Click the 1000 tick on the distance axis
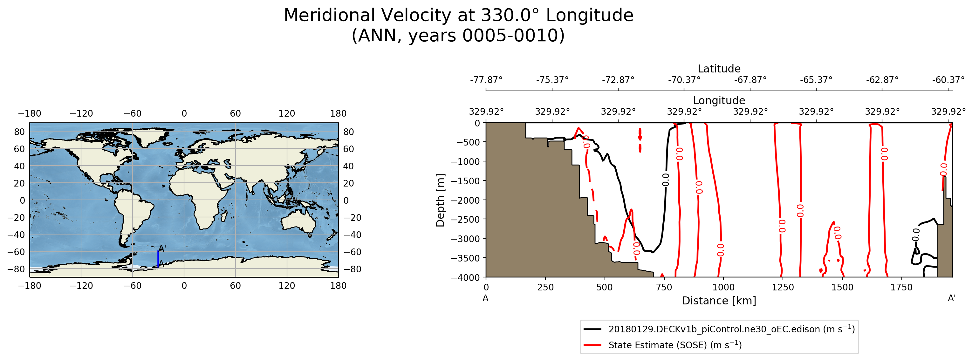point(723,287)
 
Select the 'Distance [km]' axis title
point(719,301)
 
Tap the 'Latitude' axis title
point(719,69)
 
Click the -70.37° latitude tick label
point(684,80)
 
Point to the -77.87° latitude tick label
point(486,80)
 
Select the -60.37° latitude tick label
point(948,80)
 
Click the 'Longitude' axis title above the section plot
point(719,100)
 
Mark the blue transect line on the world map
point(158,259)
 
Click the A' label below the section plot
point(952,298)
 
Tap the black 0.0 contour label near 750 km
point(666,180)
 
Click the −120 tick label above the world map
point(81,113)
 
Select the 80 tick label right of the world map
point(348,132)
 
